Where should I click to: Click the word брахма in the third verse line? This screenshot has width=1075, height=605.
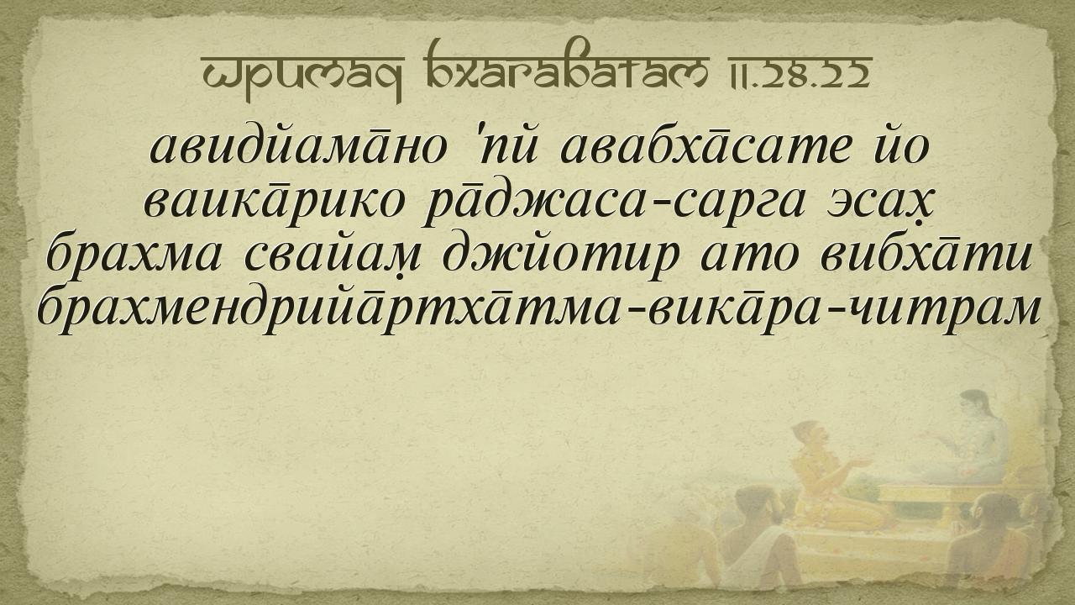(x=134, y=255)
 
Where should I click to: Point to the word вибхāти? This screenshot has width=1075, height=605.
(x=926, y=254)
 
